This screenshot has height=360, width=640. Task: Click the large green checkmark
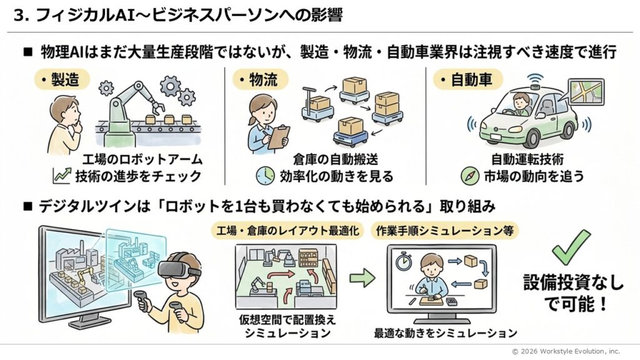click(571, 247)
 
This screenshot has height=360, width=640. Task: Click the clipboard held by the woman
click(279, 136)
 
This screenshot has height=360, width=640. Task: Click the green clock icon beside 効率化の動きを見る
click(265, 176)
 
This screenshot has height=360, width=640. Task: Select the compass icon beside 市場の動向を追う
click(469, 176)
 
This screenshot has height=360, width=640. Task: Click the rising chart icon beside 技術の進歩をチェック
click(62, 176)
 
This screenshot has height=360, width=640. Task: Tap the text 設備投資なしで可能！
click(572, 294)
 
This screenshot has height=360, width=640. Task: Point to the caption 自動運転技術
click(524, 159)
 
